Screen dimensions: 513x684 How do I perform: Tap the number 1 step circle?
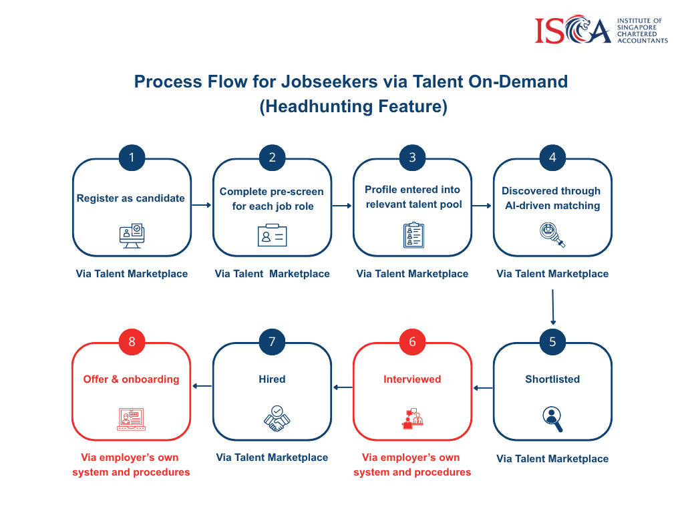click(x=132, y=158)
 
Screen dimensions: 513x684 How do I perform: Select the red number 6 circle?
click(x=412, y=342)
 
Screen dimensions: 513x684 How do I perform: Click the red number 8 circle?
click(x=132, y=342)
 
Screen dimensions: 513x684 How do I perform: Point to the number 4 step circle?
click(x=552, y=158)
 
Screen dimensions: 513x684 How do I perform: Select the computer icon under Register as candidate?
click(x=132, y=235)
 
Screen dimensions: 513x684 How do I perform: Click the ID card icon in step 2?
click(x=272, y=235)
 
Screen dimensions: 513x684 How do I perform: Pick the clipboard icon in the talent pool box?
click(x=413, y=235)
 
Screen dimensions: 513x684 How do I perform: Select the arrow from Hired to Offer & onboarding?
click(x=202, y=386)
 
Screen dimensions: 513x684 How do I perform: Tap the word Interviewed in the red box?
click(x=412, y=379)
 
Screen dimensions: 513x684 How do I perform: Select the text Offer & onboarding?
click(x=132, y=379)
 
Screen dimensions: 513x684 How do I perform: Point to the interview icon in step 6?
click(x=412, y=419)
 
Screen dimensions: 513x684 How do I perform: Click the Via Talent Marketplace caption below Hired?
click(x=272, y=458)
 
